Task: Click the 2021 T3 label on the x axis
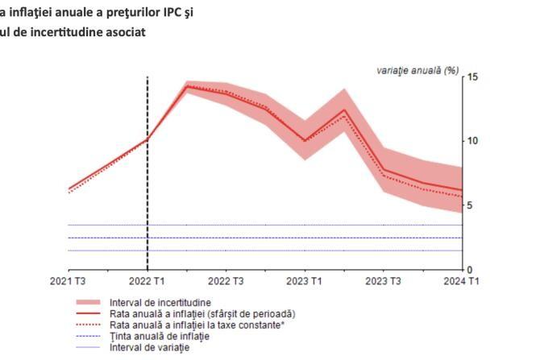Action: point(69,280)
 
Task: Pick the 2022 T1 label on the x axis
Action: point(147,280)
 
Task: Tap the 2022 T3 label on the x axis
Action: point(226,280)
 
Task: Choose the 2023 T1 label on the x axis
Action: point(305,280)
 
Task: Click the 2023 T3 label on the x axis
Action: point(384,280)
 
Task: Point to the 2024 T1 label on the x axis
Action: point(462,280)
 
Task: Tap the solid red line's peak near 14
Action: point(187,86)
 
